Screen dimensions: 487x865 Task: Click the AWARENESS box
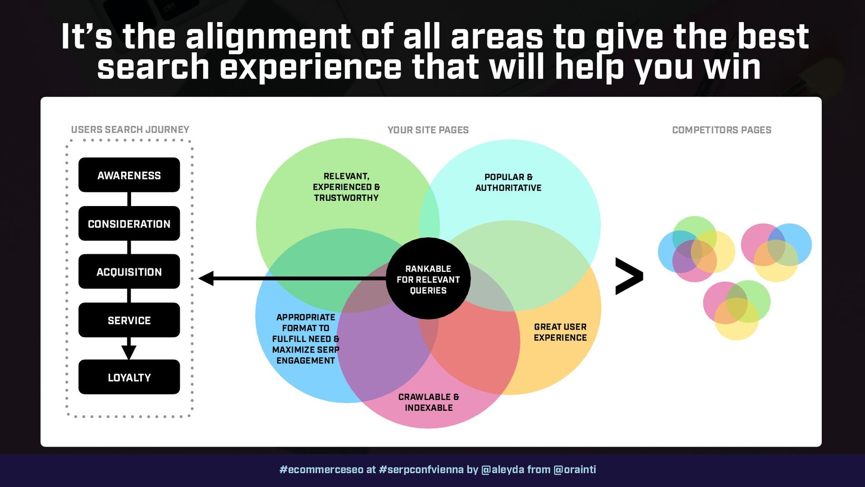[x=129, y=175]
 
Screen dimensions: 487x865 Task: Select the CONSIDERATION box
[x=129, y=224]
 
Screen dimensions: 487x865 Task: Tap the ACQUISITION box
[x=129, y=271]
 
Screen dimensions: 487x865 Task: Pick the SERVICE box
[x=129, y=320]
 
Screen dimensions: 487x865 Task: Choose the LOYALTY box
[x=129, y=377]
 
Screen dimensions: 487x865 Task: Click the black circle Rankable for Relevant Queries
[x=428, y=279]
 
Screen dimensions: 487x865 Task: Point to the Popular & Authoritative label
[x=508, y=183]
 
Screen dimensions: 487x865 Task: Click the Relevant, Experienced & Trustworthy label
[x=346, y=187]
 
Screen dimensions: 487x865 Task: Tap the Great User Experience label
[x=560, y=332]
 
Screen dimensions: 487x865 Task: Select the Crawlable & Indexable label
[x=428, y=402]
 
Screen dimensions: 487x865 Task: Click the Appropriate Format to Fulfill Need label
[x=305, y=339]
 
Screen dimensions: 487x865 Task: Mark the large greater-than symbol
[x=629, y=276]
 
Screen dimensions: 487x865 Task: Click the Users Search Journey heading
[x=130, y=130]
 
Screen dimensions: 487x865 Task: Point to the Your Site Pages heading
[x=428, y=130]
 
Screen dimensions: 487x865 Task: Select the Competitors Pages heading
[x=721, y=130]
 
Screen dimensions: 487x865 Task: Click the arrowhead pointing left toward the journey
[x=206, y=278]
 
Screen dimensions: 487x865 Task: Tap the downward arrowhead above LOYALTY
[x=129, y=352]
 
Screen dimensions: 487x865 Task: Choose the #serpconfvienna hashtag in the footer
[x=421, y=469]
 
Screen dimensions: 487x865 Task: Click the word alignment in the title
[x=268, y=37]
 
